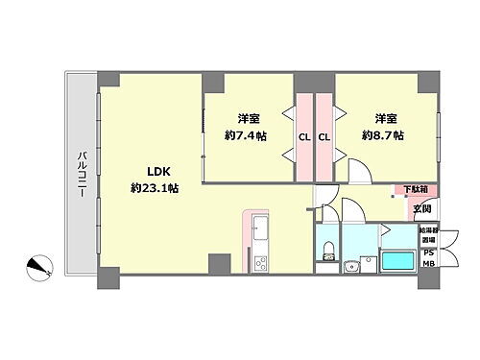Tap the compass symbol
39,264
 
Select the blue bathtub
396,260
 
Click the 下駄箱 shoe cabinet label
415,190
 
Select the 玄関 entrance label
421,208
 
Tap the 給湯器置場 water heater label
428,236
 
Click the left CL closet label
303,136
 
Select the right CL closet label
324,136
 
